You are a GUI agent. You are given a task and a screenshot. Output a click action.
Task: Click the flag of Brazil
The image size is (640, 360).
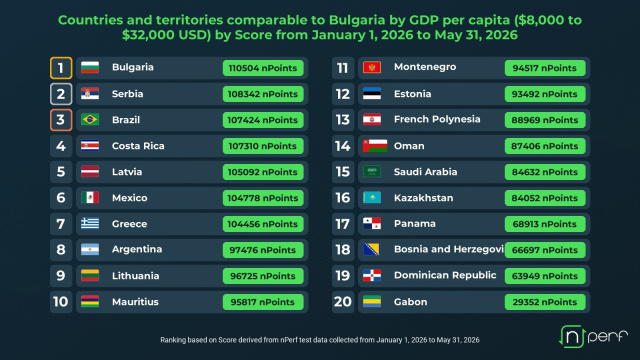coord(90,120)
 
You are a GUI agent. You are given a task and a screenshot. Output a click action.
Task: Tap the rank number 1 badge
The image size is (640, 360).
coord(61,68)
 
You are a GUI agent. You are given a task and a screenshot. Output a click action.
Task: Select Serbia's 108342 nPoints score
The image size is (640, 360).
coord(263,94)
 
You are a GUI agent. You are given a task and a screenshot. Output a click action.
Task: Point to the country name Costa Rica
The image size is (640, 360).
coord(138,146)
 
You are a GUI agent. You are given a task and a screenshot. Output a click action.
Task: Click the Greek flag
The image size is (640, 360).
coord(90,223)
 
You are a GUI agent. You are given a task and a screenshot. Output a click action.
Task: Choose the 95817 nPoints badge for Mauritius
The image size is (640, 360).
coord(263,302)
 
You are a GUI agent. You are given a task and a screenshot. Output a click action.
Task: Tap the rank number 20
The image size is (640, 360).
coord(343,302)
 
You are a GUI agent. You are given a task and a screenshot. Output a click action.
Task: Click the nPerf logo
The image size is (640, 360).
coord(593,336)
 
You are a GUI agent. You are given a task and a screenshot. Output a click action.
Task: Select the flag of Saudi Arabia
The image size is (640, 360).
coord(372,171)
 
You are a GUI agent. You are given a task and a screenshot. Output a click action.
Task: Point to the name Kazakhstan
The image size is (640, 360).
coord(423,198)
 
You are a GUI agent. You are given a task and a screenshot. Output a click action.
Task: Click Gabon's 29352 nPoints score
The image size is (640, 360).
coord(545,302)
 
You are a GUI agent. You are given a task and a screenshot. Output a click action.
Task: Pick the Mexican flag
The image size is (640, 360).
coord(90,198)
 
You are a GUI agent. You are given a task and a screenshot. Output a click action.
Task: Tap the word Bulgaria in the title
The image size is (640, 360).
coord(357,20)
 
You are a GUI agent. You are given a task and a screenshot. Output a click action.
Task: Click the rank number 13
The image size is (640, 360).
coord(343,120)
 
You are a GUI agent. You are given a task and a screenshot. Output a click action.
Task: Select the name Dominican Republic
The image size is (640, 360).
coord(445,276)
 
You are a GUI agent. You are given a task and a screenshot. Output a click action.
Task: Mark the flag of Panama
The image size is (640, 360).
coord(372,223)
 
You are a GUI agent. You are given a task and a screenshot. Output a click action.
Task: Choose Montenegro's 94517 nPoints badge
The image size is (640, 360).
coord(545,68)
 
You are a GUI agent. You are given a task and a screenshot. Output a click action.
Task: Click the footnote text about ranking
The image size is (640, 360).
coord(320,340)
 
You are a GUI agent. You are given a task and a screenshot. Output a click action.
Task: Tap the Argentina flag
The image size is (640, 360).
coord(90,249)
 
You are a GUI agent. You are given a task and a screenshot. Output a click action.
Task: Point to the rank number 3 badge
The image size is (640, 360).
coord(61,120)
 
